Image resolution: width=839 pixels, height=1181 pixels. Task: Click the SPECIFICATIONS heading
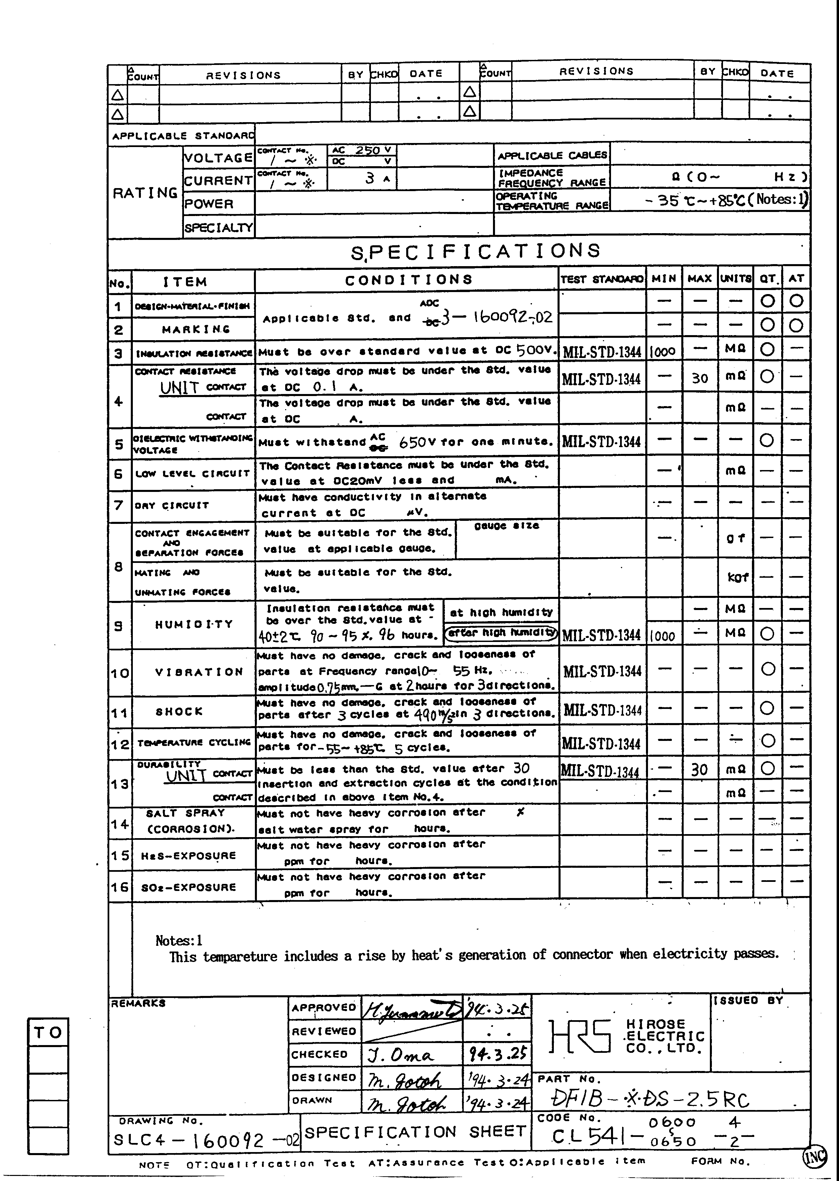[x=475, y=252]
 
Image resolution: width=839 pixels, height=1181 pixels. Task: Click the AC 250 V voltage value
[x=361, y=150]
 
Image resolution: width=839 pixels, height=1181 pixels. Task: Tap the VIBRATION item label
[x=199, y=672]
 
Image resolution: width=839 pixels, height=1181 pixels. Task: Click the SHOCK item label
[x=179, y=712]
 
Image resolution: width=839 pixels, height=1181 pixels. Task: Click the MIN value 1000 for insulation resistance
[x=662, y=352]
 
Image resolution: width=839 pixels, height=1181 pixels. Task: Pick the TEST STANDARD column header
[x=602, y=279]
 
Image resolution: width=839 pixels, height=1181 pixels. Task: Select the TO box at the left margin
[x=48, y=1033]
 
